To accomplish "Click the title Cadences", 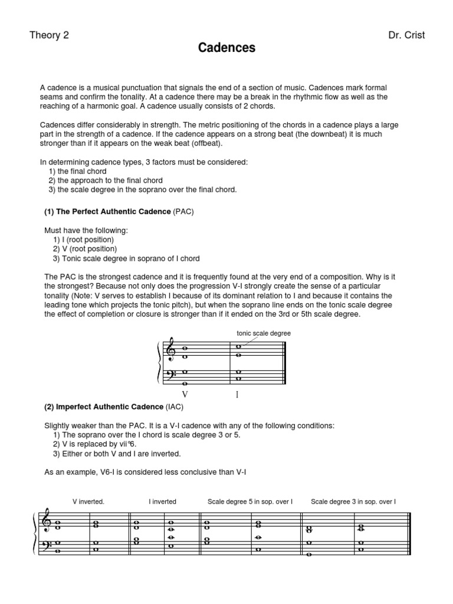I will (226, 48).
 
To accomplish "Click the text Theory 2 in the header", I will (49, 35).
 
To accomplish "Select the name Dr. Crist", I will (406, 35).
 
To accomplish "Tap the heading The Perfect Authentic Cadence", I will (108, 211).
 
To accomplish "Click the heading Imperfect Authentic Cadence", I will (104, 406).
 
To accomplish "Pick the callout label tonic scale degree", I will (264, 333).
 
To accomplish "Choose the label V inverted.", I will (88, 501).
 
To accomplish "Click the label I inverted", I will (162, 501).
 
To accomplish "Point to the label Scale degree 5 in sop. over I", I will (250, 501).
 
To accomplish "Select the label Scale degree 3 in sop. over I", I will (353, 501).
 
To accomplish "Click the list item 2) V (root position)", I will (85, 249).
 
